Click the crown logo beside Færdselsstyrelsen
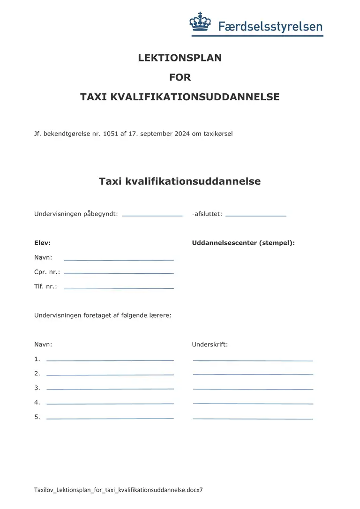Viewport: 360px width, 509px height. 201,22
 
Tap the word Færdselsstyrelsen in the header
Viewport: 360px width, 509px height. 270,26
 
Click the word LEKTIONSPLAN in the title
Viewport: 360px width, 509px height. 180,58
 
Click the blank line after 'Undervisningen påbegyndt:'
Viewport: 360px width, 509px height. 152,216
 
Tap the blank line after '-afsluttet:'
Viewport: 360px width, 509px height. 255,216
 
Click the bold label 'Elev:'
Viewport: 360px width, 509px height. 42,243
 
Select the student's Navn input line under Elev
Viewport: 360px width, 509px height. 119,260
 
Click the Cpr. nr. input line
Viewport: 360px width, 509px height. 119,273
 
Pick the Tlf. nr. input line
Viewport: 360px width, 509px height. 119,288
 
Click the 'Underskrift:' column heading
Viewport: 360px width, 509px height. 210,344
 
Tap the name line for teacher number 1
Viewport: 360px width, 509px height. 110,360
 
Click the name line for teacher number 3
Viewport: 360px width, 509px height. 110,389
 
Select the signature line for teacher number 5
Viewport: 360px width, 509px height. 253,418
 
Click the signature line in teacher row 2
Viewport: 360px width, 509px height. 253,374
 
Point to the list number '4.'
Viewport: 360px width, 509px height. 37,402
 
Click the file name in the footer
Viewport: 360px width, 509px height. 118,490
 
